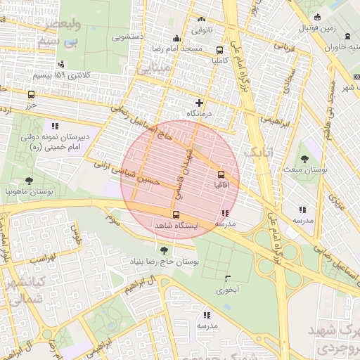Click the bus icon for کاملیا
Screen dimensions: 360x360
point(220,50)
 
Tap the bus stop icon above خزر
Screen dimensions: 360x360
point(31,94)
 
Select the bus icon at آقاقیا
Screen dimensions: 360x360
point(221,173)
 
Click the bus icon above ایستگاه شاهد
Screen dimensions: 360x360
point(176,214)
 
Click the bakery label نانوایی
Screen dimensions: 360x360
point(202,30)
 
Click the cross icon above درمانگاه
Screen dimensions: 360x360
point(199,103)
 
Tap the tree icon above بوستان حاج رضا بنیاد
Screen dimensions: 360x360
point(163,250)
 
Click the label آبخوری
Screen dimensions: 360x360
point(227,289)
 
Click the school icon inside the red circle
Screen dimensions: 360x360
point(224,213)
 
